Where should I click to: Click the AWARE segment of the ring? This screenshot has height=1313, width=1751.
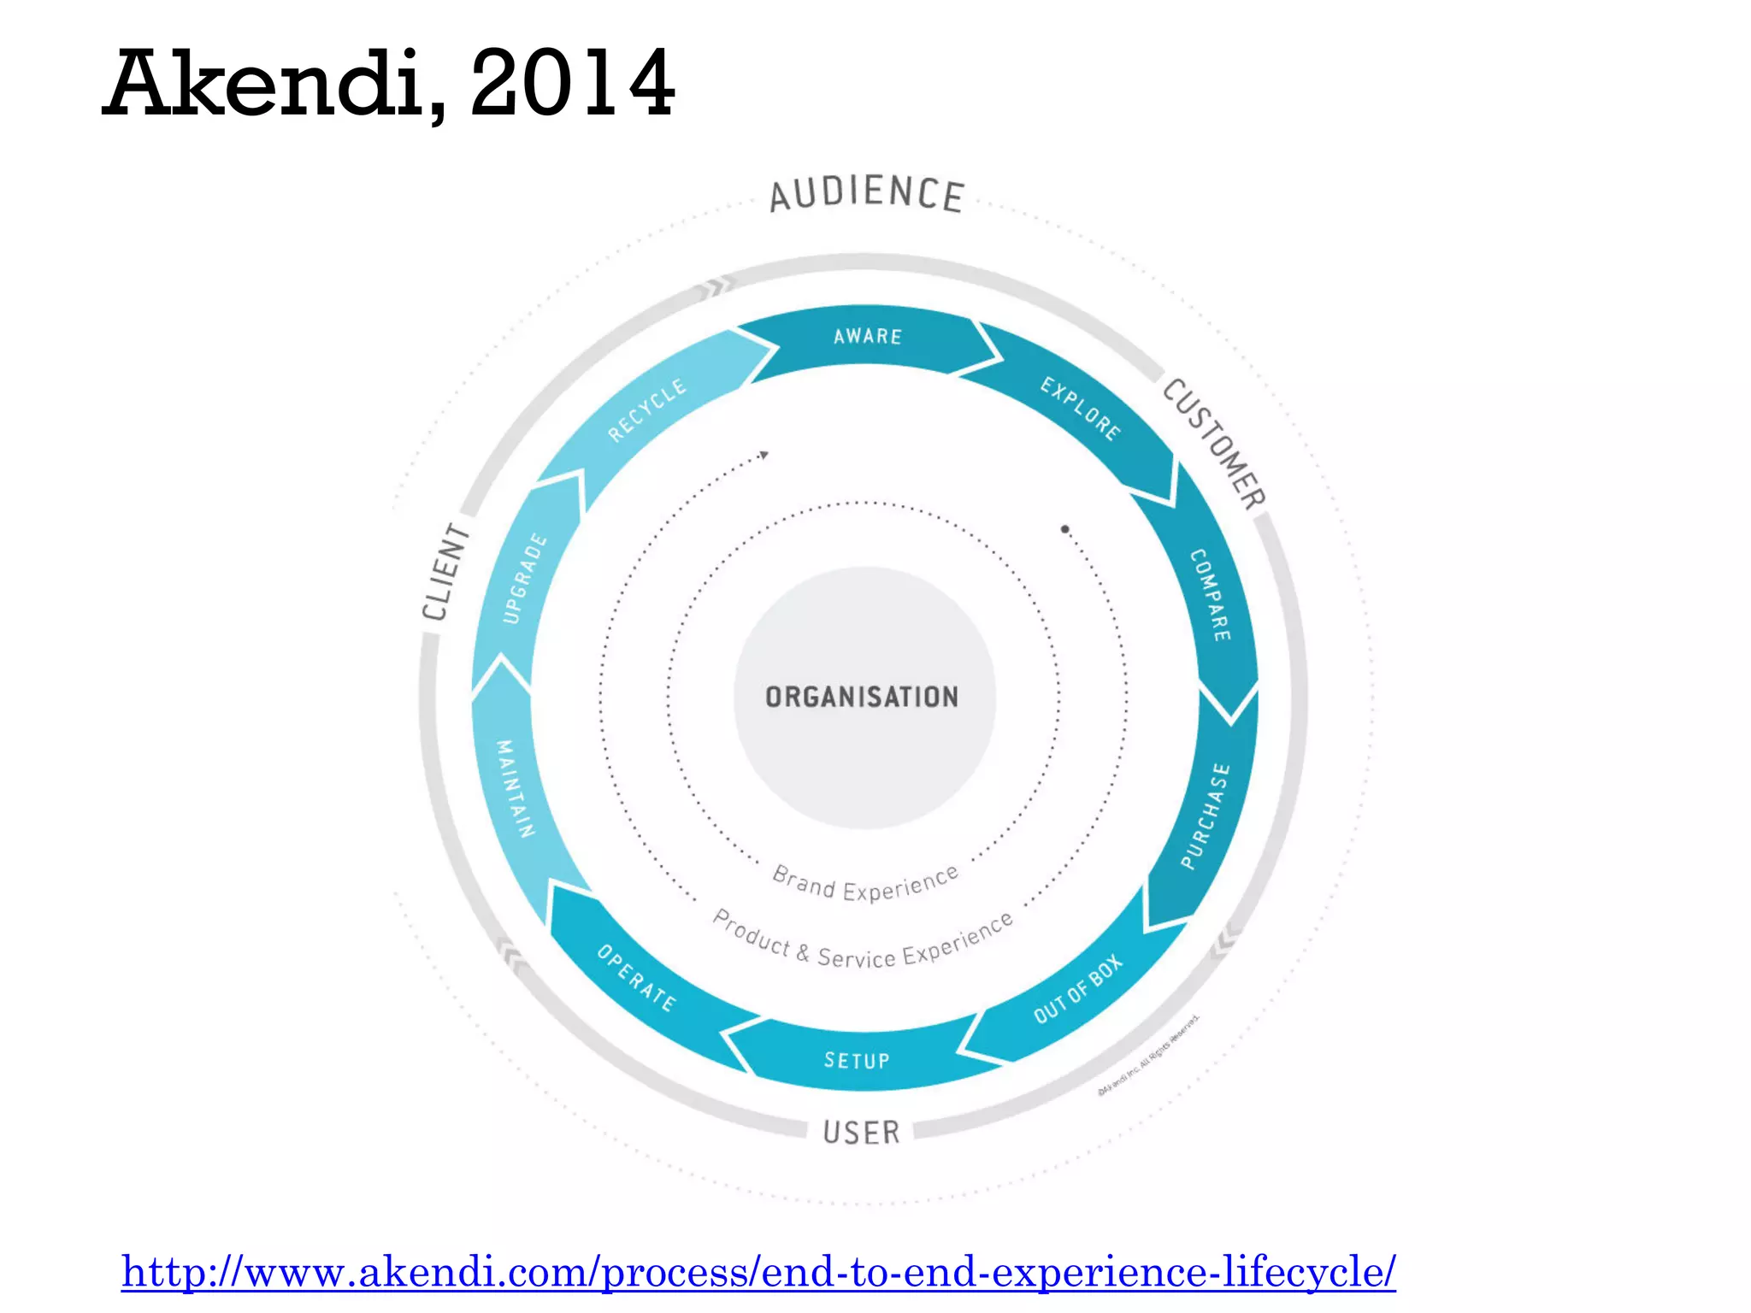pos(867,337)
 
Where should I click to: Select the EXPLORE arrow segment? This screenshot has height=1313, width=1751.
pos(1080,409)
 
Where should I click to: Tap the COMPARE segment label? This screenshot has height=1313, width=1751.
pos(1211,595)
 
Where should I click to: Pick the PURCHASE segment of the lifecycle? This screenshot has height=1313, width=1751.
pos(1206,816)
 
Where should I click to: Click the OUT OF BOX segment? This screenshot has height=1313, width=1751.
pos(1077,989)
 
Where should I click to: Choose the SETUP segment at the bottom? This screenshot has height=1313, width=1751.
pos(857,1060)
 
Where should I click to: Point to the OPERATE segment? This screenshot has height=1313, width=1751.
pos(636,978)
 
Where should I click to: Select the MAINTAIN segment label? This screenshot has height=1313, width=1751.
pos(516,788)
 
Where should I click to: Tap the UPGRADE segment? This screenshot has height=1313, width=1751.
pos(524,578)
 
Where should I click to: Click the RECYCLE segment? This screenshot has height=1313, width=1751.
pos(646,410)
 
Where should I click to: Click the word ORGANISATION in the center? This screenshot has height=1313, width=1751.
pos(862,698)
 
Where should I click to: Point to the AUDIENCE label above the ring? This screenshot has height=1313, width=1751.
pos(867,194)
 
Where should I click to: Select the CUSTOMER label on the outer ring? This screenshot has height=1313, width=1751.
pos(1214,444)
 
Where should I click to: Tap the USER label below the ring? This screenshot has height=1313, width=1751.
pos(861,1133)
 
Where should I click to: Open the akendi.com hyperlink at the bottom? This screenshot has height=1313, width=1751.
pos(758,1271)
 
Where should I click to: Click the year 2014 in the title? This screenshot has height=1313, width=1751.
pos(572,84)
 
